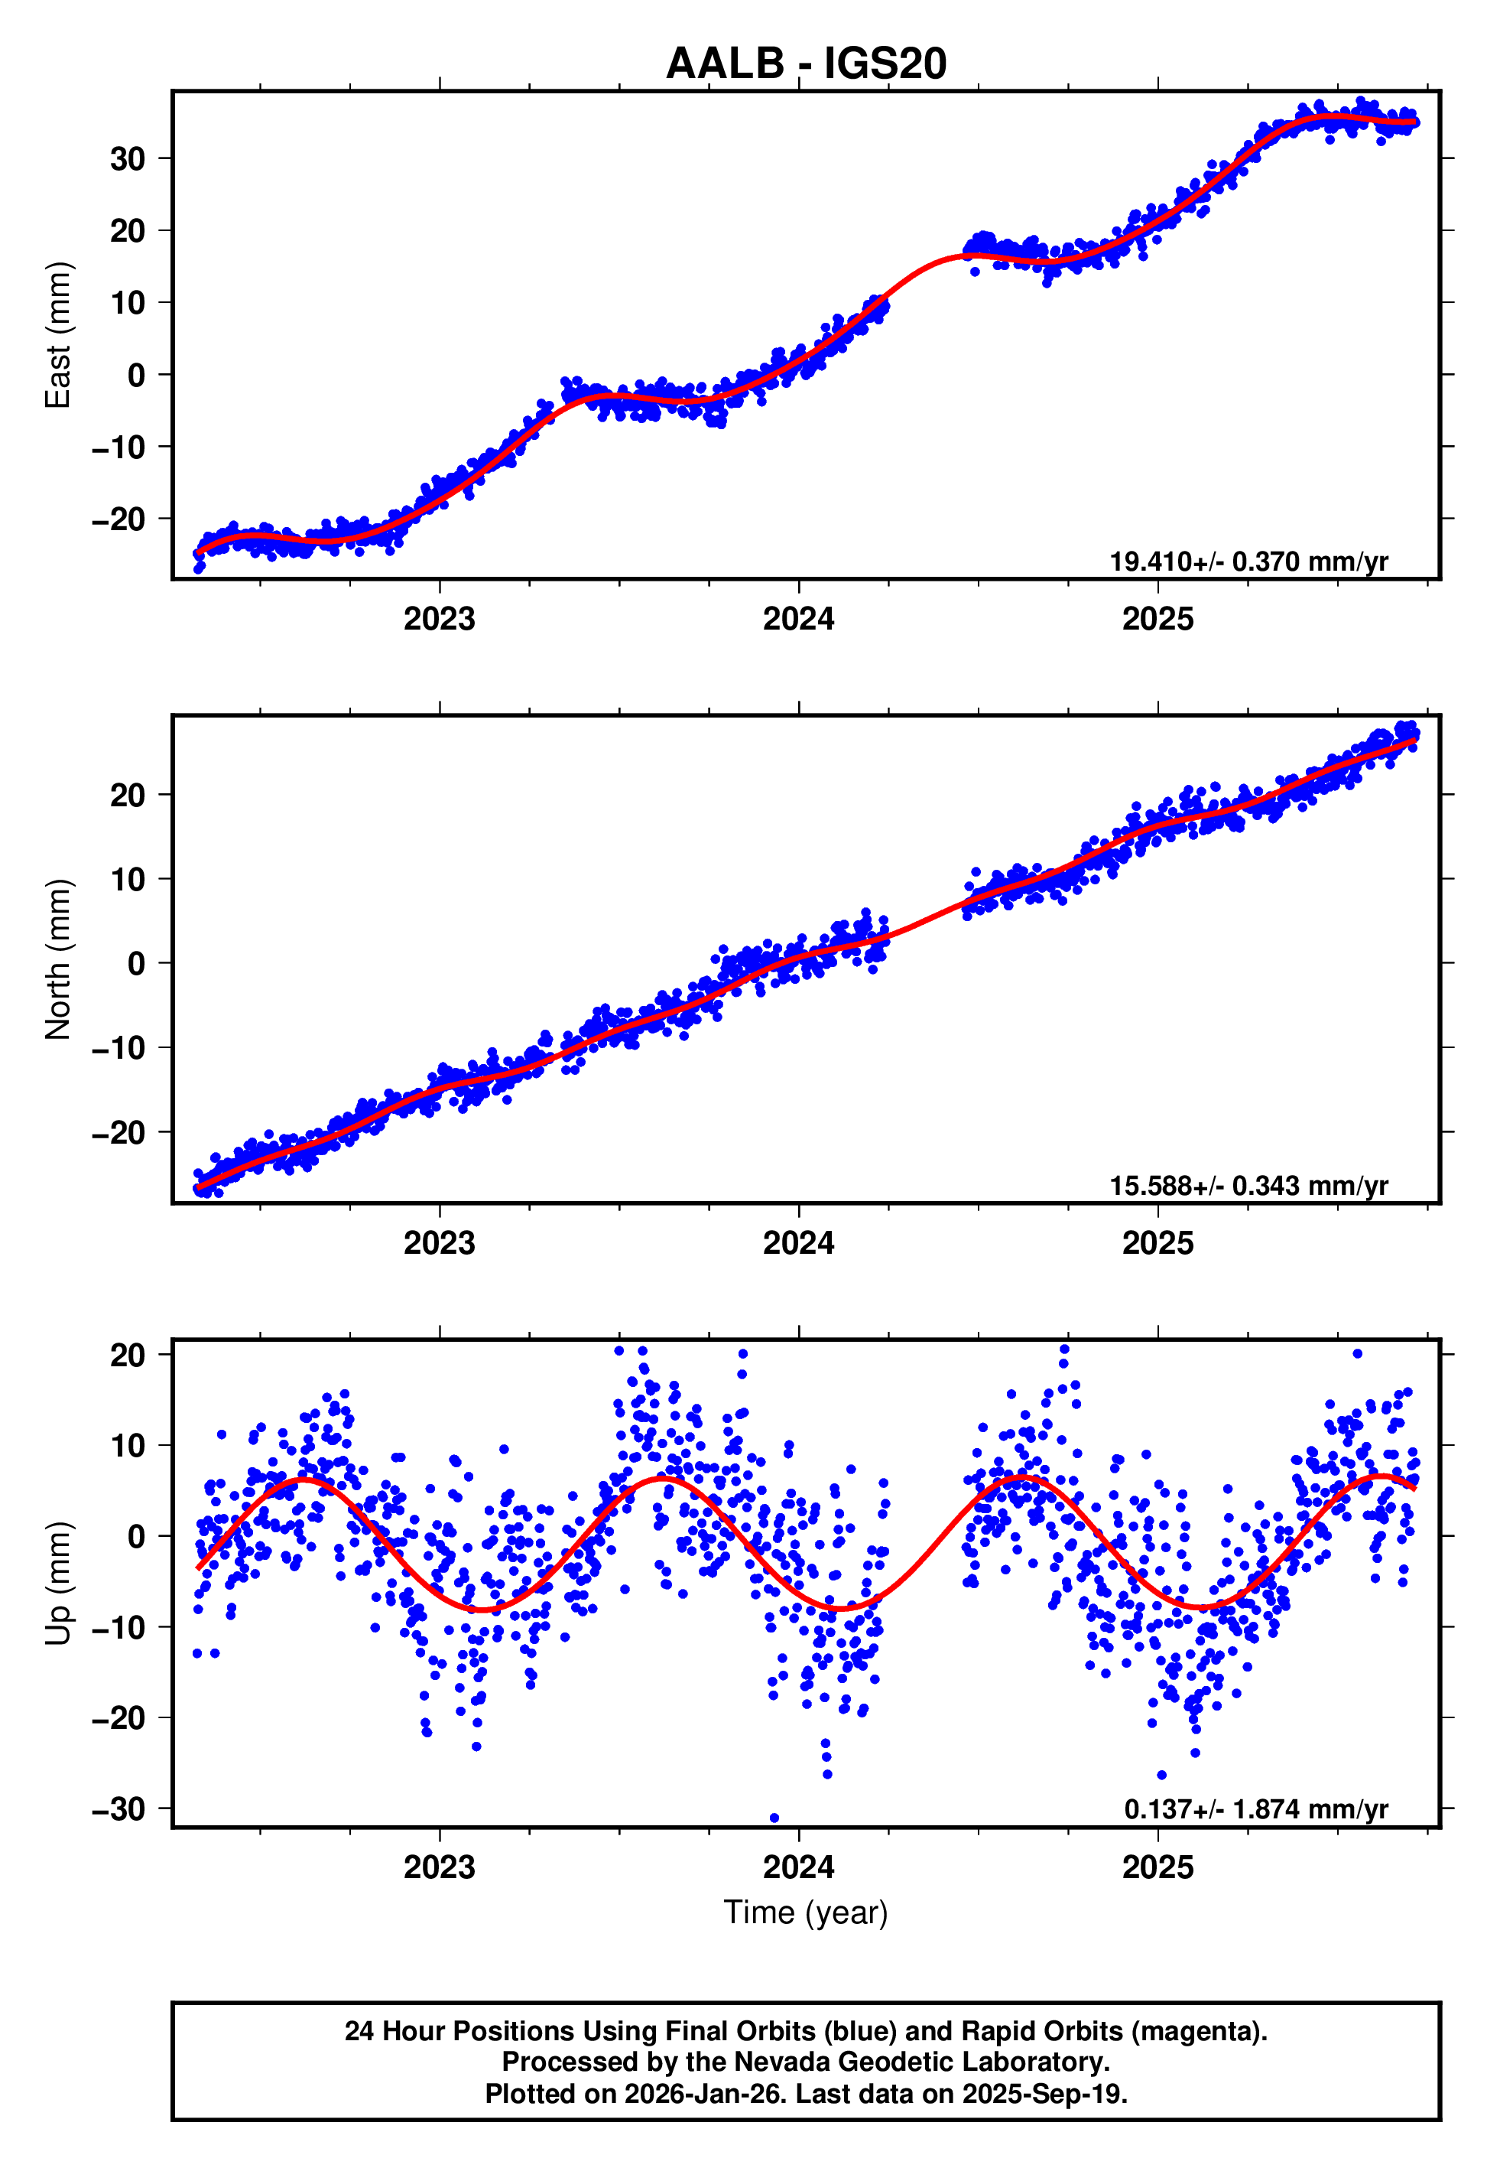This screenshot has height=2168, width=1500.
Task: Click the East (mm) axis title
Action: pyautogui.click(x=57, y=335)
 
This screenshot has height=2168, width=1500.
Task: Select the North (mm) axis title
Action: pyautogui.click(x=57, y=959)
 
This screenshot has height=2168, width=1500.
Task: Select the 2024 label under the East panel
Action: pyautogui.click(x=798, y=619)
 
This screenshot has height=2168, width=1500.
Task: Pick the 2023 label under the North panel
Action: pyautogui.click(x=439, y=1243)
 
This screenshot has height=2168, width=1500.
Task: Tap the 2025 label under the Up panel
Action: pyautogui.click(x=1157, y=1867)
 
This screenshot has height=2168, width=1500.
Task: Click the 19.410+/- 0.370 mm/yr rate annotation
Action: pyautogui.click(x=1248, y=562)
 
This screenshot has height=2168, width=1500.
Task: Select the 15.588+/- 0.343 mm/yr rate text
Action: pyautogui.click(x=1248, y=1186)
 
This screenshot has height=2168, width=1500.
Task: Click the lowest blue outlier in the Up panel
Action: pyautogui.click(x=774, y=1818)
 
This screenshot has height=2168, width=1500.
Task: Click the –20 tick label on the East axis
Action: pyautogui.click(x=119, y=519)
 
